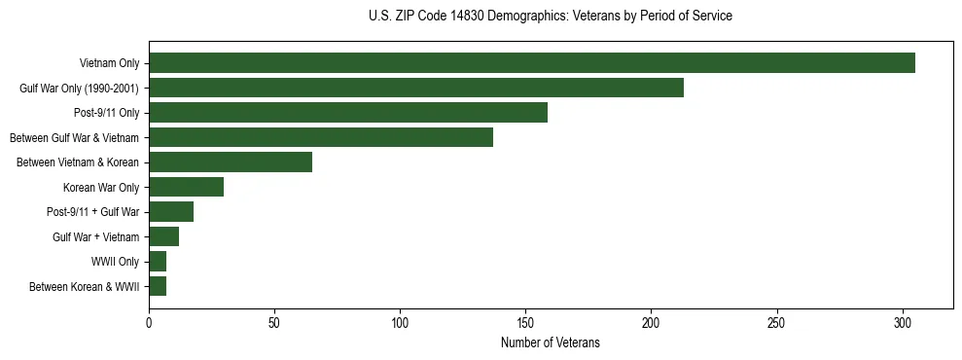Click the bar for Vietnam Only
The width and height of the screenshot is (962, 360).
point(532,63)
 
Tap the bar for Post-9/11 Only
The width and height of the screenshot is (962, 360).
point(348,113)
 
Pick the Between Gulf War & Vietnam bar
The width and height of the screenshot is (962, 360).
point(321,137)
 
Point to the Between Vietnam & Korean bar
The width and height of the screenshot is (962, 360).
point(231,162)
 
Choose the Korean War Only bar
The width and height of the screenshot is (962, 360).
point(186,187)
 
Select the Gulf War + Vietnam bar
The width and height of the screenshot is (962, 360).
point(163,236)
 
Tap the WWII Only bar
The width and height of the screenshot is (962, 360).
point(158,262)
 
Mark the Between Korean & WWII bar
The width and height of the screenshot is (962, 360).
point(158,286)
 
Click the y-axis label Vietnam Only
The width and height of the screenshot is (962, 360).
point(109,63)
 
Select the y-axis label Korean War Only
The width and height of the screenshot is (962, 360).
point(101,187)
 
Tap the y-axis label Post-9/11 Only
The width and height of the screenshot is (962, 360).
point(107,113)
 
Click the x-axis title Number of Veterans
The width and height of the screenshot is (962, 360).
point(550,342)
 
